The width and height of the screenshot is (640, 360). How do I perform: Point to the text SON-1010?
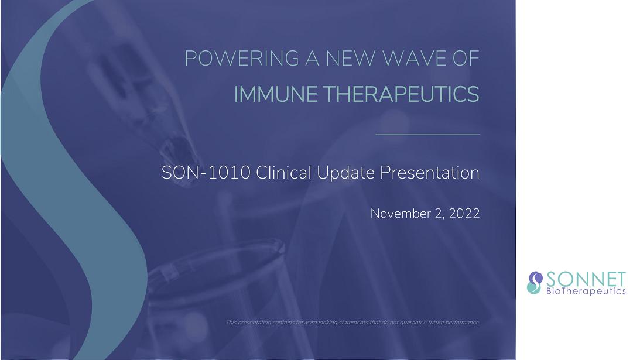tap(206, 173)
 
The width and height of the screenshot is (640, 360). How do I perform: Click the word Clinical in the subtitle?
tap(283, 172)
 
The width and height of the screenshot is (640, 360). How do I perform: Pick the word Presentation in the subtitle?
tap(430, 173)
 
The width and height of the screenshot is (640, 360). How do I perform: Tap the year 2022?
tap(464, 214)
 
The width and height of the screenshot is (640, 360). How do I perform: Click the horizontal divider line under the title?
tap(428, 134)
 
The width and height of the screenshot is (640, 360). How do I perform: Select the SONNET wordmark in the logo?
tap(586, 279)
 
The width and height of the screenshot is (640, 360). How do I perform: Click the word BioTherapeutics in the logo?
tap(586, 291)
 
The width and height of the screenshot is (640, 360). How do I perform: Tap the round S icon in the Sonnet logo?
tap(535, 283)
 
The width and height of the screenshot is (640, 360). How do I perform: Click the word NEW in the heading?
tap(350, 59)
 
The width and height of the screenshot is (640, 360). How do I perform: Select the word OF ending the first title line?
tap(466, 59)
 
